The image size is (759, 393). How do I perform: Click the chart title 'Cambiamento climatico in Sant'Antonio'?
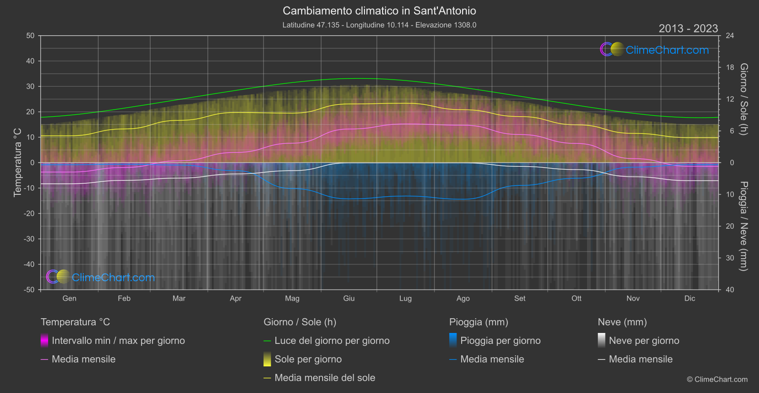tap(379, 11)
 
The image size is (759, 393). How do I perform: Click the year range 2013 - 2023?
tap(688, 29)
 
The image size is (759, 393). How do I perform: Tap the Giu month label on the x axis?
tap(349, 298)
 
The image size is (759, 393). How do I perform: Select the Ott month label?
tap(577, 298)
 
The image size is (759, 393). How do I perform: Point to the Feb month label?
tap(124, 298)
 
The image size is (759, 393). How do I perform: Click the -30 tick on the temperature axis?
tap(30, 239)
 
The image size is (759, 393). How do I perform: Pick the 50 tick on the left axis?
tap(30, 36)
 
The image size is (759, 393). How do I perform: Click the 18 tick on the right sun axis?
tap(730, 68)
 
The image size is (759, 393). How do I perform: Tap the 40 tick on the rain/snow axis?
tap(730, 290)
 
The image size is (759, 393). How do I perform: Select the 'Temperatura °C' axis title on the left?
tap(18, 162)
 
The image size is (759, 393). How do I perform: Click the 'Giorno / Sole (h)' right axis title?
tap(744, 99)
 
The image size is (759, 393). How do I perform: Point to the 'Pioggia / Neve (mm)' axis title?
tap(744, 226)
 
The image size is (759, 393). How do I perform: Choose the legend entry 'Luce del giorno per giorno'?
tap(332, 341)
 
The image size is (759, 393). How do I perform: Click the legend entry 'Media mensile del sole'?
tap(324, 378)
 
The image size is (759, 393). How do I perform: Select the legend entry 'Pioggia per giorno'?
tap(500, 341)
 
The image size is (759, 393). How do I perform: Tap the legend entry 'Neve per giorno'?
tap(644, 341)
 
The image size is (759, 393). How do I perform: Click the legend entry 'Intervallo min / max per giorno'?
tap(118, 341)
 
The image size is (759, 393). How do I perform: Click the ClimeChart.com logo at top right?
tap(655, 50)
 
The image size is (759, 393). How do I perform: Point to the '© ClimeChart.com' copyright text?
tap(717, 380)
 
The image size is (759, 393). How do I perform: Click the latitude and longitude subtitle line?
tap(379, 25)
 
